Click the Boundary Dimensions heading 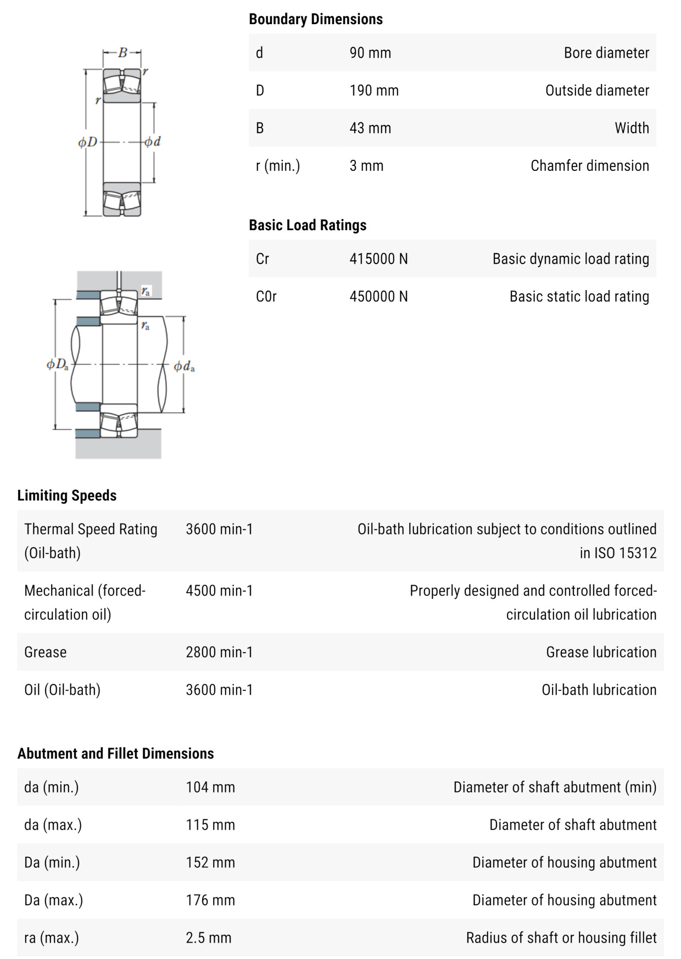[316, 19]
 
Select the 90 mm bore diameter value [370, 53]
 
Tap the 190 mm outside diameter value [374, 91]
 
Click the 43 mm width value [370, 128]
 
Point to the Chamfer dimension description [589, 166]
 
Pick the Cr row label [263, 259]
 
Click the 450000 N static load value [378, 297]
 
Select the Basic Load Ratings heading [308, 225]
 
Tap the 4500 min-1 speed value [219, 590]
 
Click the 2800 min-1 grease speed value [219, 652]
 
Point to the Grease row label [46, 652]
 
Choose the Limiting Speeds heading [67, 495]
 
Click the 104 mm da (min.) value [210, 787]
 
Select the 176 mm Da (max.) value [210, 900]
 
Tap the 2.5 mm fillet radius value [209, 938]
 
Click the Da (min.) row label [52, 862]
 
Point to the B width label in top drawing [122, 53]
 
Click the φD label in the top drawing [87, 142]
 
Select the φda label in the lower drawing [184, 366]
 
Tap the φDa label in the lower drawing [58, 364]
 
